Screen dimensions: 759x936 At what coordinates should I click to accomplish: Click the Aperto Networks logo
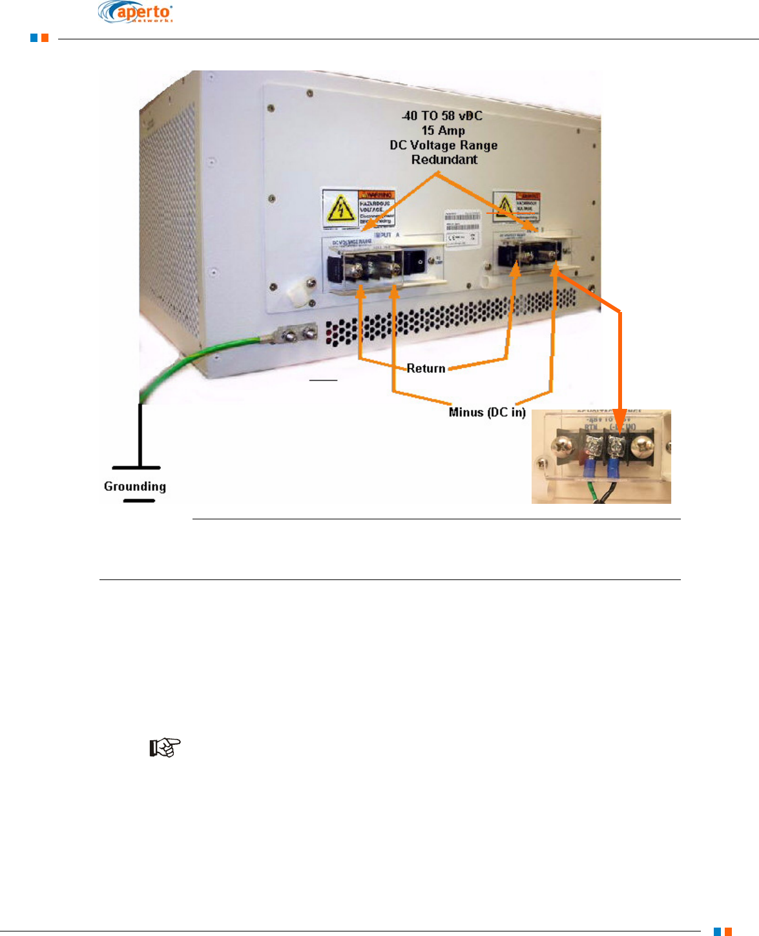point(136,12)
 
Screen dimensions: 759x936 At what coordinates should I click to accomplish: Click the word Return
point(426,368)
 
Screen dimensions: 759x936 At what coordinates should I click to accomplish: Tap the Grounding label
point(135,486)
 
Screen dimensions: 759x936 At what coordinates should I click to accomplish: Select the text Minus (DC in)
point(487,412)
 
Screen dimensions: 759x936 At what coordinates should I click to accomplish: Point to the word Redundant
point(444,160)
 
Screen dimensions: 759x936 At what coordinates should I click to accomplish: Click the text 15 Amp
point(443,130)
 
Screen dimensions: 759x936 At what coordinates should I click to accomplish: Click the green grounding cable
point(194,362)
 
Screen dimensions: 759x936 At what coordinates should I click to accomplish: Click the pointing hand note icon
point(165,748)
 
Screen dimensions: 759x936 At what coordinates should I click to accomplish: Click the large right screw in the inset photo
point(643,446)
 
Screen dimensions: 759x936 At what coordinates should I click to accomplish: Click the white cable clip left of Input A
point(299,293)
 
